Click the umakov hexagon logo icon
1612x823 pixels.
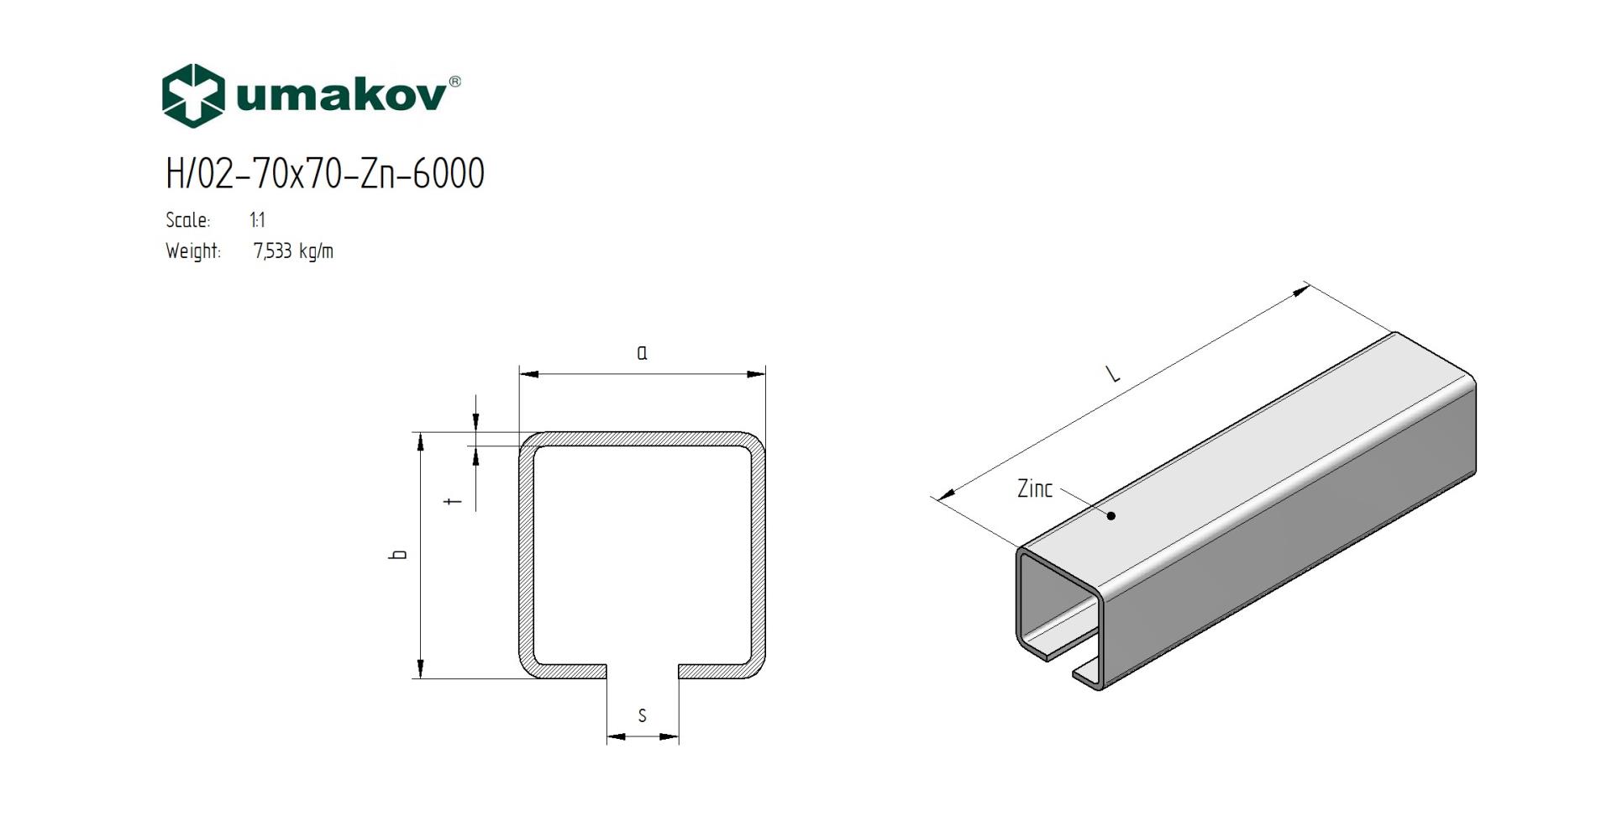193,96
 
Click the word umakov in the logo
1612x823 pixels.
341,96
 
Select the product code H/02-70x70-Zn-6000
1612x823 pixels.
325,174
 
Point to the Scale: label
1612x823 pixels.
188,220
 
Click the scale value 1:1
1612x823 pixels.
257,220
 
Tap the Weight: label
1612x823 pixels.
193,251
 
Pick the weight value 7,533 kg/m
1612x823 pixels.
293,251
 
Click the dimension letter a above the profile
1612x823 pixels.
642,353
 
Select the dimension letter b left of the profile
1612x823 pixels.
399,555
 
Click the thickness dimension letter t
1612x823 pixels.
454,502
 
